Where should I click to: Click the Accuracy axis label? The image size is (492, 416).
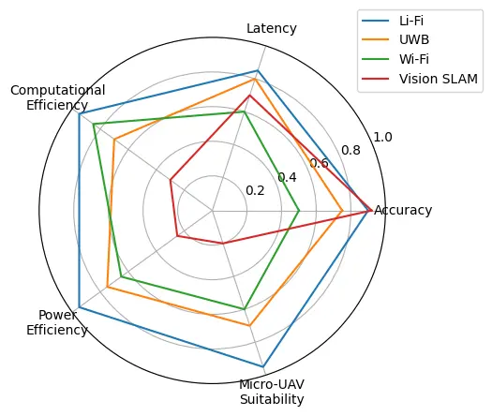click(403, 210)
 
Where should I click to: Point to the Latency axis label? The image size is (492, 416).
click(272, 29)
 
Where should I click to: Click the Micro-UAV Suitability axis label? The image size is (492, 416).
click(272, 392)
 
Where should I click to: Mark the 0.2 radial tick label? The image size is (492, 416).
click(255, 190)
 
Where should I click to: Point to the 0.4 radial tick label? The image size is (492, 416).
click(287, 177)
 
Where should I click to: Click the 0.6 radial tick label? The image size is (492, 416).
click(319, 164)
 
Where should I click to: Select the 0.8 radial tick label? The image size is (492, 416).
click(350, 151)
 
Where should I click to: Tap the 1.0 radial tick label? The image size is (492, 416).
click(382, 138)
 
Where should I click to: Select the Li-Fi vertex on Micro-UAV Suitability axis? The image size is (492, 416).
click(263, 366)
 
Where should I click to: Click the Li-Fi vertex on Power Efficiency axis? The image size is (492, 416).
click(80, 307)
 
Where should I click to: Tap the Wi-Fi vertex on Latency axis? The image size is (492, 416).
click(245, 111)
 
